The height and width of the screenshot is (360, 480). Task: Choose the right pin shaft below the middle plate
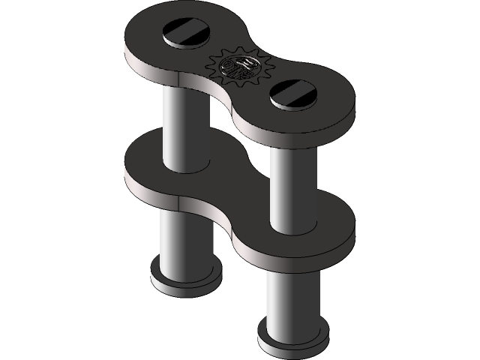[x=292, y=292]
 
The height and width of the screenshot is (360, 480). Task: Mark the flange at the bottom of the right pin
[x=292, y=341]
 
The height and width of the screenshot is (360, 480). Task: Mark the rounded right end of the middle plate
[x=337, y=225]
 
